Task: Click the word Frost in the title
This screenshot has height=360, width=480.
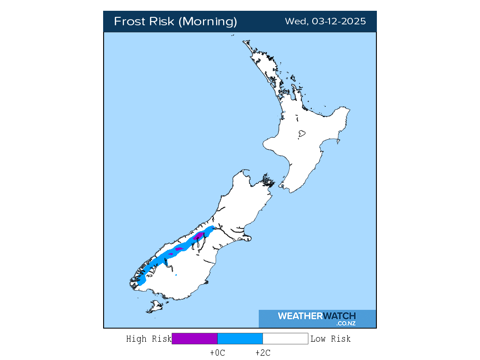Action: click(130, 22)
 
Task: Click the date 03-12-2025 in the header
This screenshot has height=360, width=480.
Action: click(338, 22)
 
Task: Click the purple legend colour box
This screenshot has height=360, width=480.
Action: click(195, 338)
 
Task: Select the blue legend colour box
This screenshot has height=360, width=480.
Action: click(240, 338)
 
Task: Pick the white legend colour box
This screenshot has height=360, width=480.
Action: click(285, 338)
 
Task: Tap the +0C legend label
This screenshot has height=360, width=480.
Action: click(217, 353)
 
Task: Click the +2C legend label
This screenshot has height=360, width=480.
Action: click(262, 353)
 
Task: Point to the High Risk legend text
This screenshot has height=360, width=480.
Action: click(149, 338)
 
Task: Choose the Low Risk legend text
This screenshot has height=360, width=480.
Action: click(330, 338)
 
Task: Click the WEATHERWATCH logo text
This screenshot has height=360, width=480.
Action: click(317, 316)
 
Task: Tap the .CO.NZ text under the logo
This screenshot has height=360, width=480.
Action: click(346, 323)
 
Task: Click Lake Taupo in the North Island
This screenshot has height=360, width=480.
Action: click(301, 134)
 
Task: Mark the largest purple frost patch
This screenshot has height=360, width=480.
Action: click(199, 235)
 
